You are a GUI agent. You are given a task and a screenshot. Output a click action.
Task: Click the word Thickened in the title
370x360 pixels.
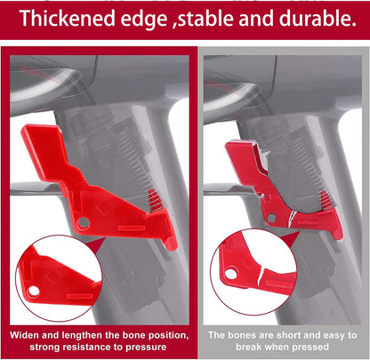pos(68,19)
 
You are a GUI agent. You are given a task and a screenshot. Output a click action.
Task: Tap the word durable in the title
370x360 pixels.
pos(318,19)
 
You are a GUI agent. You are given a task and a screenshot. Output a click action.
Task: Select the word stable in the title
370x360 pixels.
pos(205,19)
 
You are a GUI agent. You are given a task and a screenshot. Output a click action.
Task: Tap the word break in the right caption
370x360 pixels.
pos(249,347)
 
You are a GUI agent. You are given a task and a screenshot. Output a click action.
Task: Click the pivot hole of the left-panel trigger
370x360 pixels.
pos(84,223)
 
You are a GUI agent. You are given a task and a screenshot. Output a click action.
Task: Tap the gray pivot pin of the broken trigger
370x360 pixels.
pos(271,219)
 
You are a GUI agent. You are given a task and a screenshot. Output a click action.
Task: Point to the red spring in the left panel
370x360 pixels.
pos(156,200)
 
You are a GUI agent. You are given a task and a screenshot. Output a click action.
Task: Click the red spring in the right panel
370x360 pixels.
pos(326,200)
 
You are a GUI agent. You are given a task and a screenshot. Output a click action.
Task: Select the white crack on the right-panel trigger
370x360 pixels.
pos(292,219)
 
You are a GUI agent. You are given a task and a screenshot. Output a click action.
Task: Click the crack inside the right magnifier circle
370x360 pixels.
pos(261,275)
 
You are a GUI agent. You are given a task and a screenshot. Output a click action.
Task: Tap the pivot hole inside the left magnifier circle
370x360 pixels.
pos(34,291)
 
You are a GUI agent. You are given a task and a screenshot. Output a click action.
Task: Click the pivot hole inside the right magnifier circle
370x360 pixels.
pos(231,273)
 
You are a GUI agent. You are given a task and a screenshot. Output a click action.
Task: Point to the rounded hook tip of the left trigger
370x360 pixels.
pos(172,245)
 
